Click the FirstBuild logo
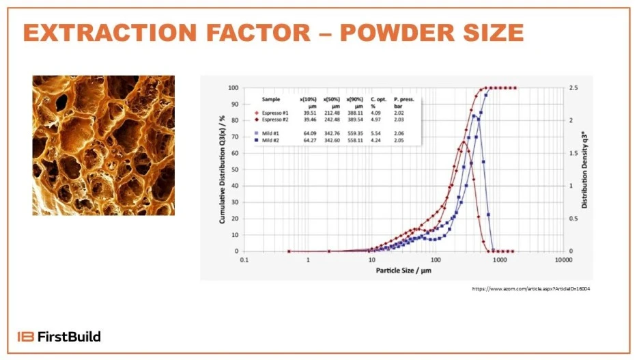(x=59, y=336)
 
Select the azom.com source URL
(x=530, y=289)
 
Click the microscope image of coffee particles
(x=104, y=145)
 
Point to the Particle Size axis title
(x=403, y=271)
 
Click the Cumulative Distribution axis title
(x=223, y=169)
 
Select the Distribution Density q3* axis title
(x=584, y=169)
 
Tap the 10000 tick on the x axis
(x=563, y=260)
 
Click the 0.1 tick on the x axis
(x=244, y=260)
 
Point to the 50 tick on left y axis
(x=233, y=169)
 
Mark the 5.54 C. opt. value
(x=378, y=133)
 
